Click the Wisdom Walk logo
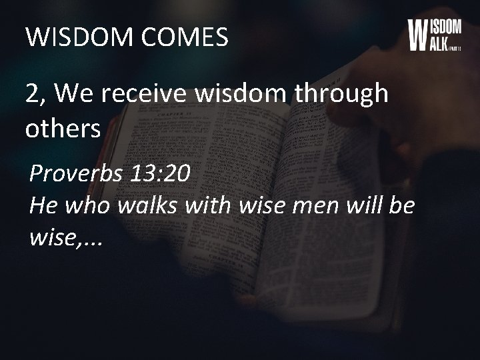click(433, 35)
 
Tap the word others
click(63, 129)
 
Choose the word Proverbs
click(75, 175)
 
